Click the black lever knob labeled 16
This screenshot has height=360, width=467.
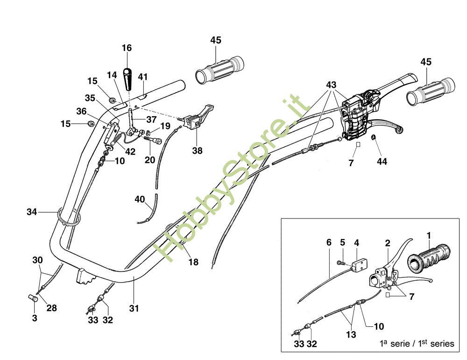point(128,79)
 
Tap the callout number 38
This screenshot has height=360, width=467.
point(197,151)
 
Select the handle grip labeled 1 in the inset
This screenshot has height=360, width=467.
point(430,259)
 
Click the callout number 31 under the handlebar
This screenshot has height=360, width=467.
point(134,308)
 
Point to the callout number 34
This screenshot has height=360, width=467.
point(32,212)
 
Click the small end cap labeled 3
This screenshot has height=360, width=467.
point(33,298)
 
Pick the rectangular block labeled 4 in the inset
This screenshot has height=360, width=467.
point(359,265)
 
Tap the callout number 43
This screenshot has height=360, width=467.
point(331,85)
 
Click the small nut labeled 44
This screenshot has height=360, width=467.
point(373,137)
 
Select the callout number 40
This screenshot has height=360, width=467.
point(140,199)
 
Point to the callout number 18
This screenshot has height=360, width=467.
point(193,262)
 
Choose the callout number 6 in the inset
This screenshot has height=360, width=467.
point(329,242)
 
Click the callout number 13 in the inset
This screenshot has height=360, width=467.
point(351,335)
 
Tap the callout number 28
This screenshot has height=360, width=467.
point(51,308)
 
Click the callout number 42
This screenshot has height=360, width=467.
point(130,152)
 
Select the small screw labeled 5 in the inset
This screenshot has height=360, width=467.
point(341,263)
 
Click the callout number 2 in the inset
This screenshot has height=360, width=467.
point(388,243)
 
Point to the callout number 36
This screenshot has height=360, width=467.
point(81,112)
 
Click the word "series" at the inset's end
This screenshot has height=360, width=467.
point(442,344)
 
